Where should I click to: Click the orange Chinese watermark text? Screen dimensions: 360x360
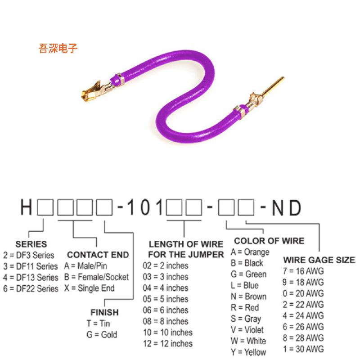[58, 48]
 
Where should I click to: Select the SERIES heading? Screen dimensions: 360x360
[31, 244]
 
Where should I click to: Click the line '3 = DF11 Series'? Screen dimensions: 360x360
[31, 266]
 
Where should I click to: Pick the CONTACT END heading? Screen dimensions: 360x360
[98, 255]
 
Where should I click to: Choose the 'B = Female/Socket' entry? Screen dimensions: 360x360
[96, 277]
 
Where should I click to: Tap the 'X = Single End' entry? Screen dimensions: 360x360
[90, 288]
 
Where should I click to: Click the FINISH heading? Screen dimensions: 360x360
[104, 312]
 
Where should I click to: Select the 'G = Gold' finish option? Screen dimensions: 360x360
[102, 334]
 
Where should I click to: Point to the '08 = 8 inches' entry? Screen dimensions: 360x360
[166, 321]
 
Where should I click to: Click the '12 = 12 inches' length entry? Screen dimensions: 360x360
[168, 344]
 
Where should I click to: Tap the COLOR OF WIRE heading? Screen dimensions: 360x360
[269, 241]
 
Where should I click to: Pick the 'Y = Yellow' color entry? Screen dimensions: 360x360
[248, 352]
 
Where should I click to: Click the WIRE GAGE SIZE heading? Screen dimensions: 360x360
[319, 260]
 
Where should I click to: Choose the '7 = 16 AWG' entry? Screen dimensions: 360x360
[303, 271]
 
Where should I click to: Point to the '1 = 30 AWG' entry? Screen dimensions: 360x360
[303, 349]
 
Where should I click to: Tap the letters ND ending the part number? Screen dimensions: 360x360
[287, 208]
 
